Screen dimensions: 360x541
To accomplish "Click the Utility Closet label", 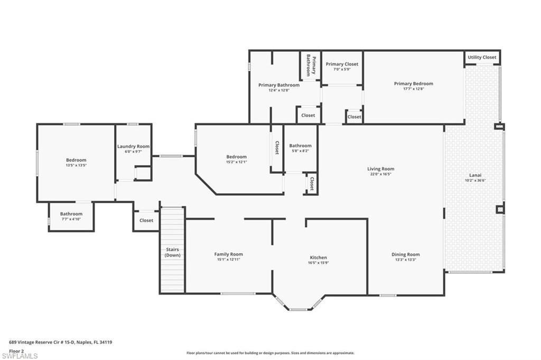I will [482, 57].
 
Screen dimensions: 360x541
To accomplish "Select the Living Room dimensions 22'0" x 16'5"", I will [381, 174].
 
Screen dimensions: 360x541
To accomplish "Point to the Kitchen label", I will [318, 258].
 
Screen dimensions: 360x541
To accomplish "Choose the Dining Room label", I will [405, 254].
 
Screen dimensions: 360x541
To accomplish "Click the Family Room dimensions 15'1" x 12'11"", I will [228, 260].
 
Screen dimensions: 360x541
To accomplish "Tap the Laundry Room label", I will [133, 146].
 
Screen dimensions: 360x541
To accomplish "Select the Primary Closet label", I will [342, 64].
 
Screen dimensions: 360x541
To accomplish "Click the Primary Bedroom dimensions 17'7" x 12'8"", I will [413, 89].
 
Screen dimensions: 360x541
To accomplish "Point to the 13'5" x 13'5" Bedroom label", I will [76, 160].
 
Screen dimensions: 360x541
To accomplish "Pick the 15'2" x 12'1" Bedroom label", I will [236, 157].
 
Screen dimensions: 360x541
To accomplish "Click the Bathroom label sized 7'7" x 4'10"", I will [71, 214].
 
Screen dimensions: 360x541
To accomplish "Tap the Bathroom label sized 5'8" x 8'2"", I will [300, 146].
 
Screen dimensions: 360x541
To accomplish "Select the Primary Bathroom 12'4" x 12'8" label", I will [278, 85].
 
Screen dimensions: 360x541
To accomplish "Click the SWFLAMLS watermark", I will [20, 356].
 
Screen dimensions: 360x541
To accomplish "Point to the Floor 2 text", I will [17, 350].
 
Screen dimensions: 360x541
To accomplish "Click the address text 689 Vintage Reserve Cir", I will [61, 342].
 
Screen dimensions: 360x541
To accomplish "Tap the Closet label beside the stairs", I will [146, 220].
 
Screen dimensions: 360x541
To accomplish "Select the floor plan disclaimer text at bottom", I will [270, 353].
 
